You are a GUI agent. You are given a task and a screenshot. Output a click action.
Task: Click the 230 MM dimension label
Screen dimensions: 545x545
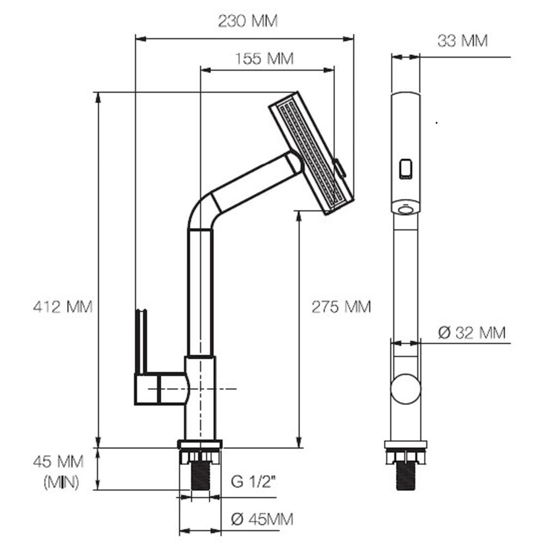click(x=247, y=21)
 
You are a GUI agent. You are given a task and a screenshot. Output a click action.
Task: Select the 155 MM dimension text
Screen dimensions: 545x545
click(x=264, y=58)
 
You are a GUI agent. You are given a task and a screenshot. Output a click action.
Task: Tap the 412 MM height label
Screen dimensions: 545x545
click(x=63, y=306)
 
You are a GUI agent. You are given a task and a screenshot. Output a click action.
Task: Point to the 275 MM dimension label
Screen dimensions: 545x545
click(x=341, y=307)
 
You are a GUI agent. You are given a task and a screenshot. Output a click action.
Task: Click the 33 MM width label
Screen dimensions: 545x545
click(x=462, y=40)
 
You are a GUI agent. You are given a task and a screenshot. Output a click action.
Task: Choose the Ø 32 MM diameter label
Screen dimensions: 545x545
click(x=471, y=332)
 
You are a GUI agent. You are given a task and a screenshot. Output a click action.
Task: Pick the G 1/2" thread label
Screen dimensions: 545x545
click(x=253, y=482)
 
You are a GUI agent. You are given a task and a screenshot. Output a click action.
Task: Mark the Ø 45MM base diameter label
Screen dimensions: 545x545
click(x=262, y=519)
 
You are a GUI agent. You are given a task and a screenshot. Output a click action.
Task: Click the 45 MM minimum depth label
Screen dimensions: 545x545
click(x=58, y=463)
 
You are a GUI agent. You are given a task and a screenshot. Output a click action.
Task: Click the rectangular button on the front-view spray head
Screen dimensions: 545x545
click(x=405, y=169)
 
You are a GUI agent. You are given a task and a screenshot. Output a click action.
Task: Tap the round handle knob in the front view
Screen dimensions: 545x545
click(x=405, y=389)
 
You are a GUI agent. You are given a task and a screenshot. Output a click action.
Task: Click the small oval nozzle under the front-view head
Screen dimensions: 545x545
click(x=405, y=209)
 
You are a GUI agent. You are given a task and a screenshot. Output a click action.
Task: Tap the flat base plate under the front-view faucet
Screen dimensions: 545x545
click(x=405, y=445)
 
